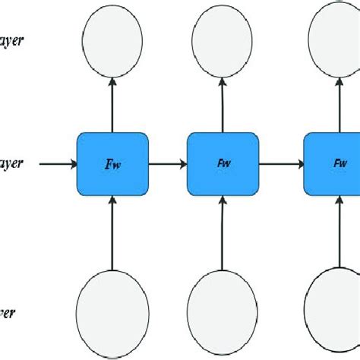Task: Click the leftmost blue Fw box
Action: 112,163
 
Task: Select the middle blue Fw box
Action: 223,163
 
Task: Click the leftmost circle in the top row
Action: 112,42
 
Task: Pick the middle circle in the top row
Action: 223,42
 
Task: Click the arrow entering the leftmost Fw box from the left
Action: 57,163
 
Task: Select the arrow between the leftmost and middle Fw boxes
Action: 167,163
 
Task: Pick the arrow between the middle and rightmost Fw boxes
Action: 281,163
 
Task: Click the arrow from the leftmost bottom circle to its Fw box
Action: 112,232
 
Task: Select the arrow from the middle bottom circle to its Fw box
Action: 223,232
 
